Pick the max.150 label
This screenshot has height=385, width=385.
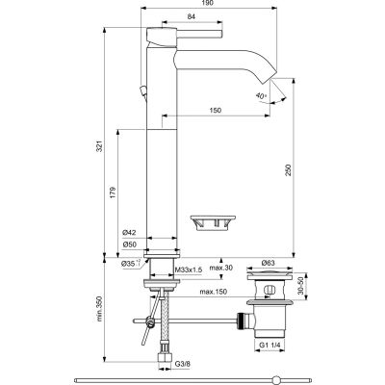point(215,291)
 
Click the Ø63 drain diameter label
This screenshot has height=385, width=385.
point(269,262)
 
